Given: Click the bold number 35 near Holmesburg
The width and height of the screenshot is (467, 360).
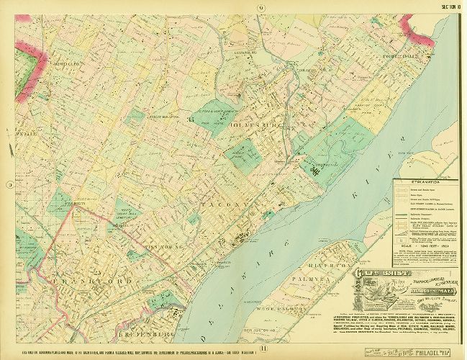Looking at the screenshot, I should click(191, 119).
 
